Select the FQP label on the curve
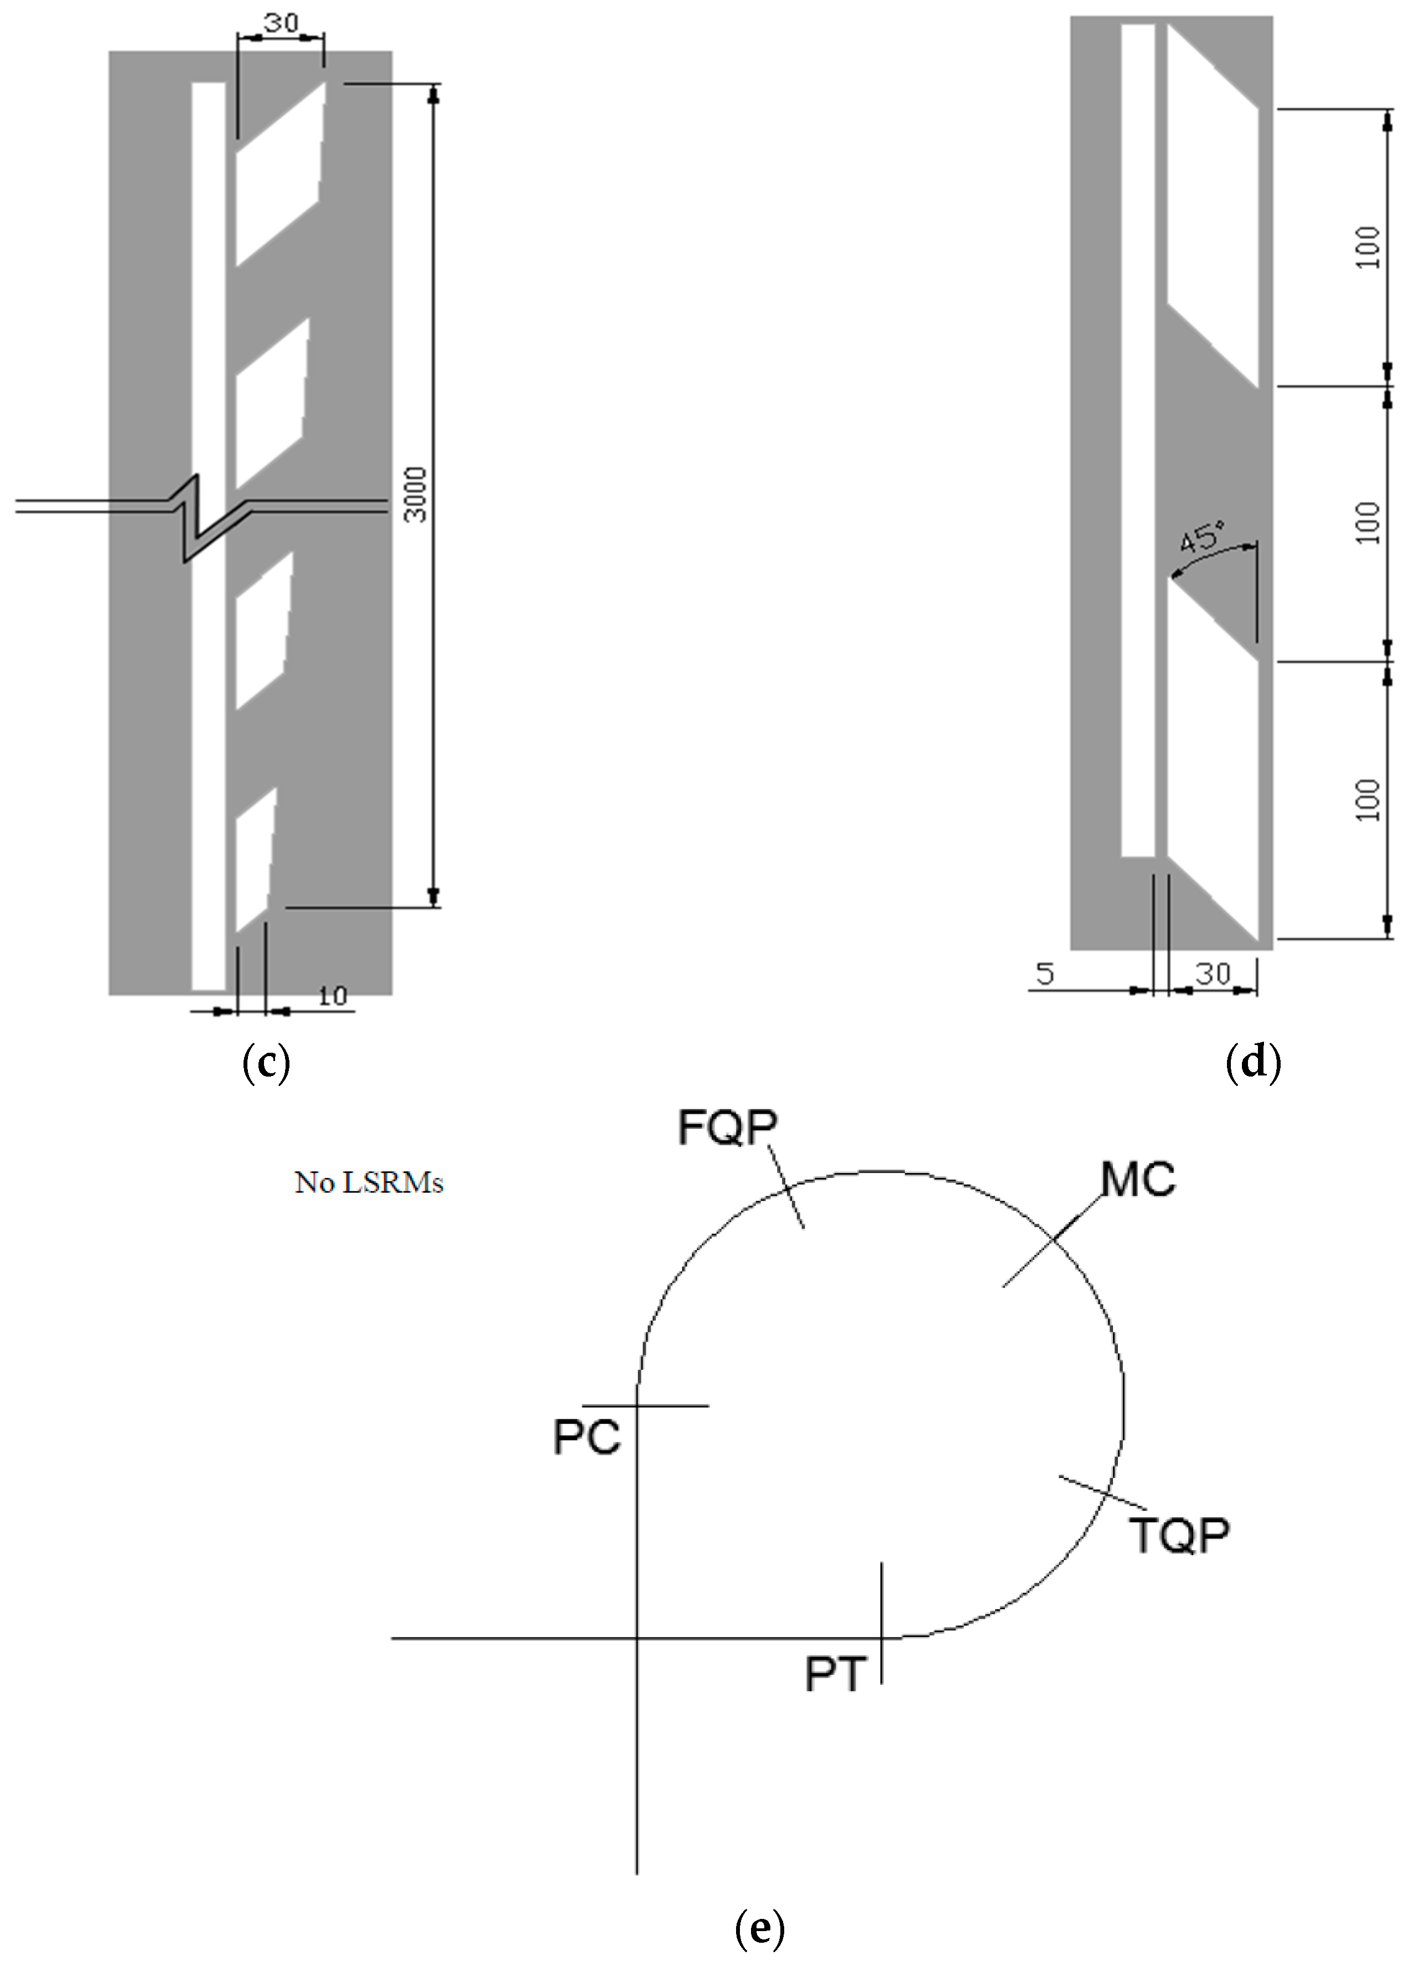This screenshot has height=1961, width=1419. [728, 1128]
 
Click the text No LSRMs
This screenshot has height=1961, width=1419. [369, 1182]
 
